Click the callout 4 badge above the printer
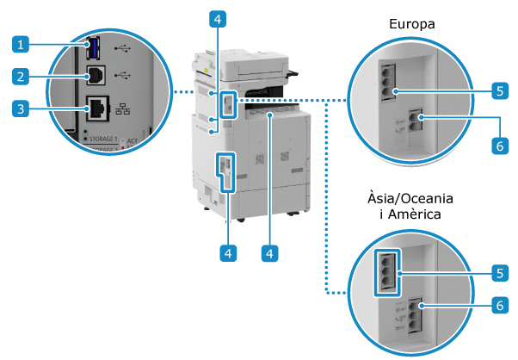[x=220, y=18]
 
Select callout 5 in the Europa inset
[x=499, y=89]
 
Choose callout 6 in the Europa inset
[x=499, y=146]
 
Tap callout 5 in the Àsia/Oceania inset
[x=499, y=272]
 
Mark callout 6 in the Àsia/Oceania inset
[x=499, y=304]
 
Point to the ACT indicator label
[x=133, y=140]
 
